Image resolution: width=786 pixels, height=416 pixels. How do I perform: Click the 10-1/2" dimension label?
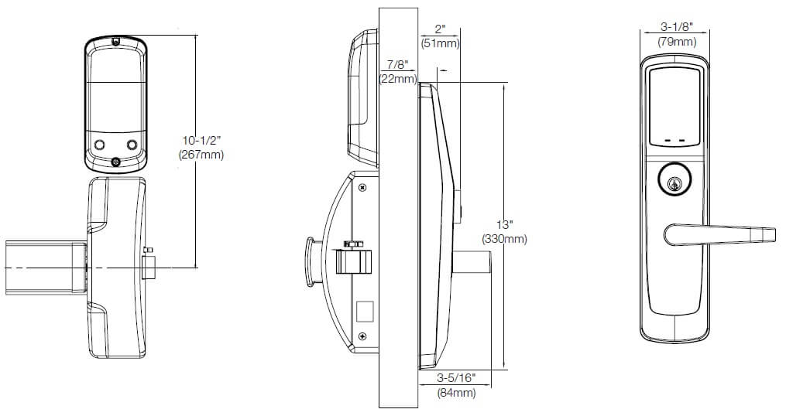coord(202,140)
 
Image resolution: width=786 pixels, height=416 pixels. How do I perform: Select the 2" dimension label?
coord(440,29)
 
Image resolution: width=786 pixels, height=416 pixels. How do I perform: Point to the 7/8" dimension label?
coord(398,65)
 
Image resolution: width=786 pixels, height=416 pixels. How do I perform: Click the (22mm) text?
coord(398,78)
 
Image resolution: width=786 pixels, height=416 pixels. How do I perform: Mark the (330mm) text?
coord(504,239)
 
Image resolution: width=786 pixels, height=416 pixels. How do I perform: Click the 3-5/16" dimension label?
coord(455,378)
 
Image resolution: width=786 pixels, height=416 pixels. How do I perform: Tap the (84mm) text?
coord(455,393)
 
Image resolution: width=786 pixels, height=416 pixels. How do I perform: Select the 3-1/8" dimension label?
coord(676,28)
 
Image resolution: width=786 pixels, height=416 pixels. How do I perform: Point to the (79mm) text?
coord(676,42)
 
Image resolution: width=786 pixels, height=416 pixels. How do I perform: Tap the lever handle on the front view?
coord(720,232)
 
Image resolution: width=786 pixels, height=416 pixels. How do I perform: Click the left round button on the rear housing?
coord(99,145)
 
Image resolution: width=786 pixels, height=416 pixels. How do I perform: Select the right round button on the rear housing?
coord(132,145)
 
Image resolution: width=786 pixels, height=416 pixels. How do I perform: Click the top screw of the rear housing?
coord(115,41)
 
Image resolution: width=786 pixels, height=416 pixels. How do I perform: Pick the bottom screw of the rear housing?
coord(116,162)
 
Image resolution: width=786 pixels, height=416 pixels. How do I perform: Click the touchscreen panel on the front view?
coord(675,104)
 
